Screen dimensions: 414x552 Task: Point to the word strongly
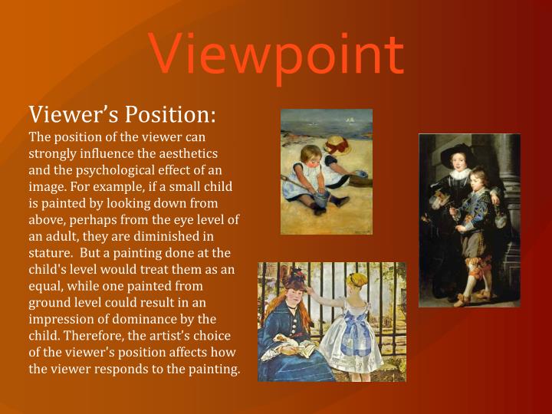coord(53,154)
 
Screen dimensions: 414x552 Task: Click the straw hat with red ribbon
coord(337,143)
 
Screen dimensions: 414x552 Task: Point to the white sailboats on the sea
coord(350,120)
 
